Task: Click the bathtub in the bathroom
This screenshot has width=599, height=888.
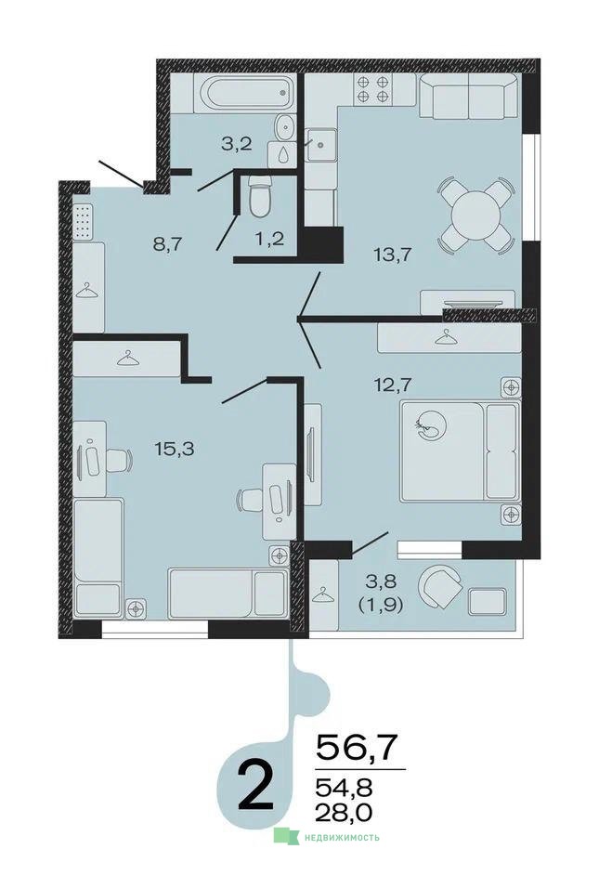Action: (x=244, y=93)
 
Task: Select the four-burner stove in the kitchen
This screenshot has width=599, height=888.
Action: (x=373, y=89)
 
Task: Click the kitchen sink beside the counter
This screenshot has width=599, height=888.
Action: (x=321, y=145)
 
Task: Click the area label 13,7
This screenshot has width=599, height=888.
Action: (x=391, y=254)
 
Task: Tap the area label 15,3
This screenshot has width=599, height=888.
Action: (x=175, y=449)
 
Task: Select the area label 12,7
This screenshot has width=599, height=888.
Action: (x=392, y=385)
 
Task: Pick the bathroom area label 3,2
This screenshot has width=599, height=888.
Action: (x=237, y=143)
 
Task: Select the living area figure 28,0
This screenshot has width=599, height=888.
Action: (x=345, y=814)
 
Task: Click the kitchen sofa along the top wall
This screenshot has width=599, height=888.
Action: (x=468, y=97)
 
